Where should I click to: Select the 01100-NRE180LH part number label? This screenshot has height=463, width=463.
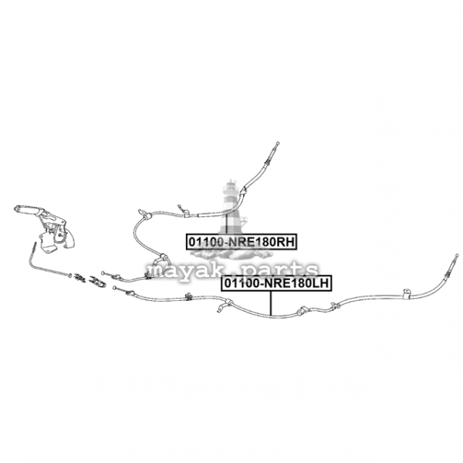276,284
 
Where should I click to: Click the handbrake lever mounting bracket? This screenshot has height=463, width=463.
56,238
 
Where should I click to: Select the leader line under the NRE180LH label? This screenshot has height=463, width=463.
271,303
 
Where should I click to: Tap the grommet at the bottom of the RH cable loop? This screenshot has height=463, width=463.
162,262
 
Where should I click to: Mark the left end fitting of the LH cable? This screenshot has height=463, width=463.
117,289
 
